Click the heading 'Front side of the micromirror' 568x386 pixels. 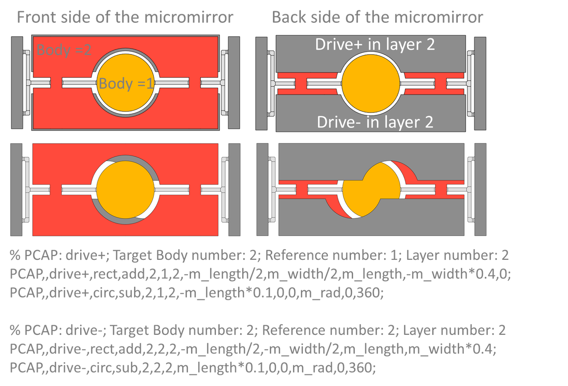(125, 17)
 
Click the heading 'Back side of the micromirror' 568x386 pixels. (377, 17)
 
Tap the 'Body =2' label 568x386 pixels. (64, 50)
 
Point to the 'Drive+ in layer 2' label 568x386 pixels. (375, 45)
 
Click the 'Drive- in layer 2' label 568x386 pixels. (375, 122)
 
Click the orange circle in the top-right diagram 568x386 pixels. (371, 84)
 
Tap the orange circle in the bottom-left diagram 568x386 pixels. (125, 190)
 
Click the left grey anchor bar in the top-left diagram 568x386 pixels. (17, 83)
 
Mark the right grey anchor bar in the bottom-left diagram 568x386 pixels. (234, 190)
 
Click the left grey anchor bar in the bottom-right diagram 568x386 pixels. (262, 190)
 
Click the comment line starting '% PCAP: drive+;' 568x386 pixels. (259, 255)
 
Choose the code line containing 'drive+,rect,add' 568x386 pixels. (260, 274)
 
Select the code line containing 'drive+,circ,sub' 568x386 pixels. (196, 293)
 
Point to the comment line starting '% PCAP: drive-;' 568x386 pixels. (257, 330)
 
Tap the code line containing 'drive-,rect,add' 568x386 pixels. (253, 349)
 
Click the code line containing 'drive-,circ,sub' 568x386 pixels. (192, 368)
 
